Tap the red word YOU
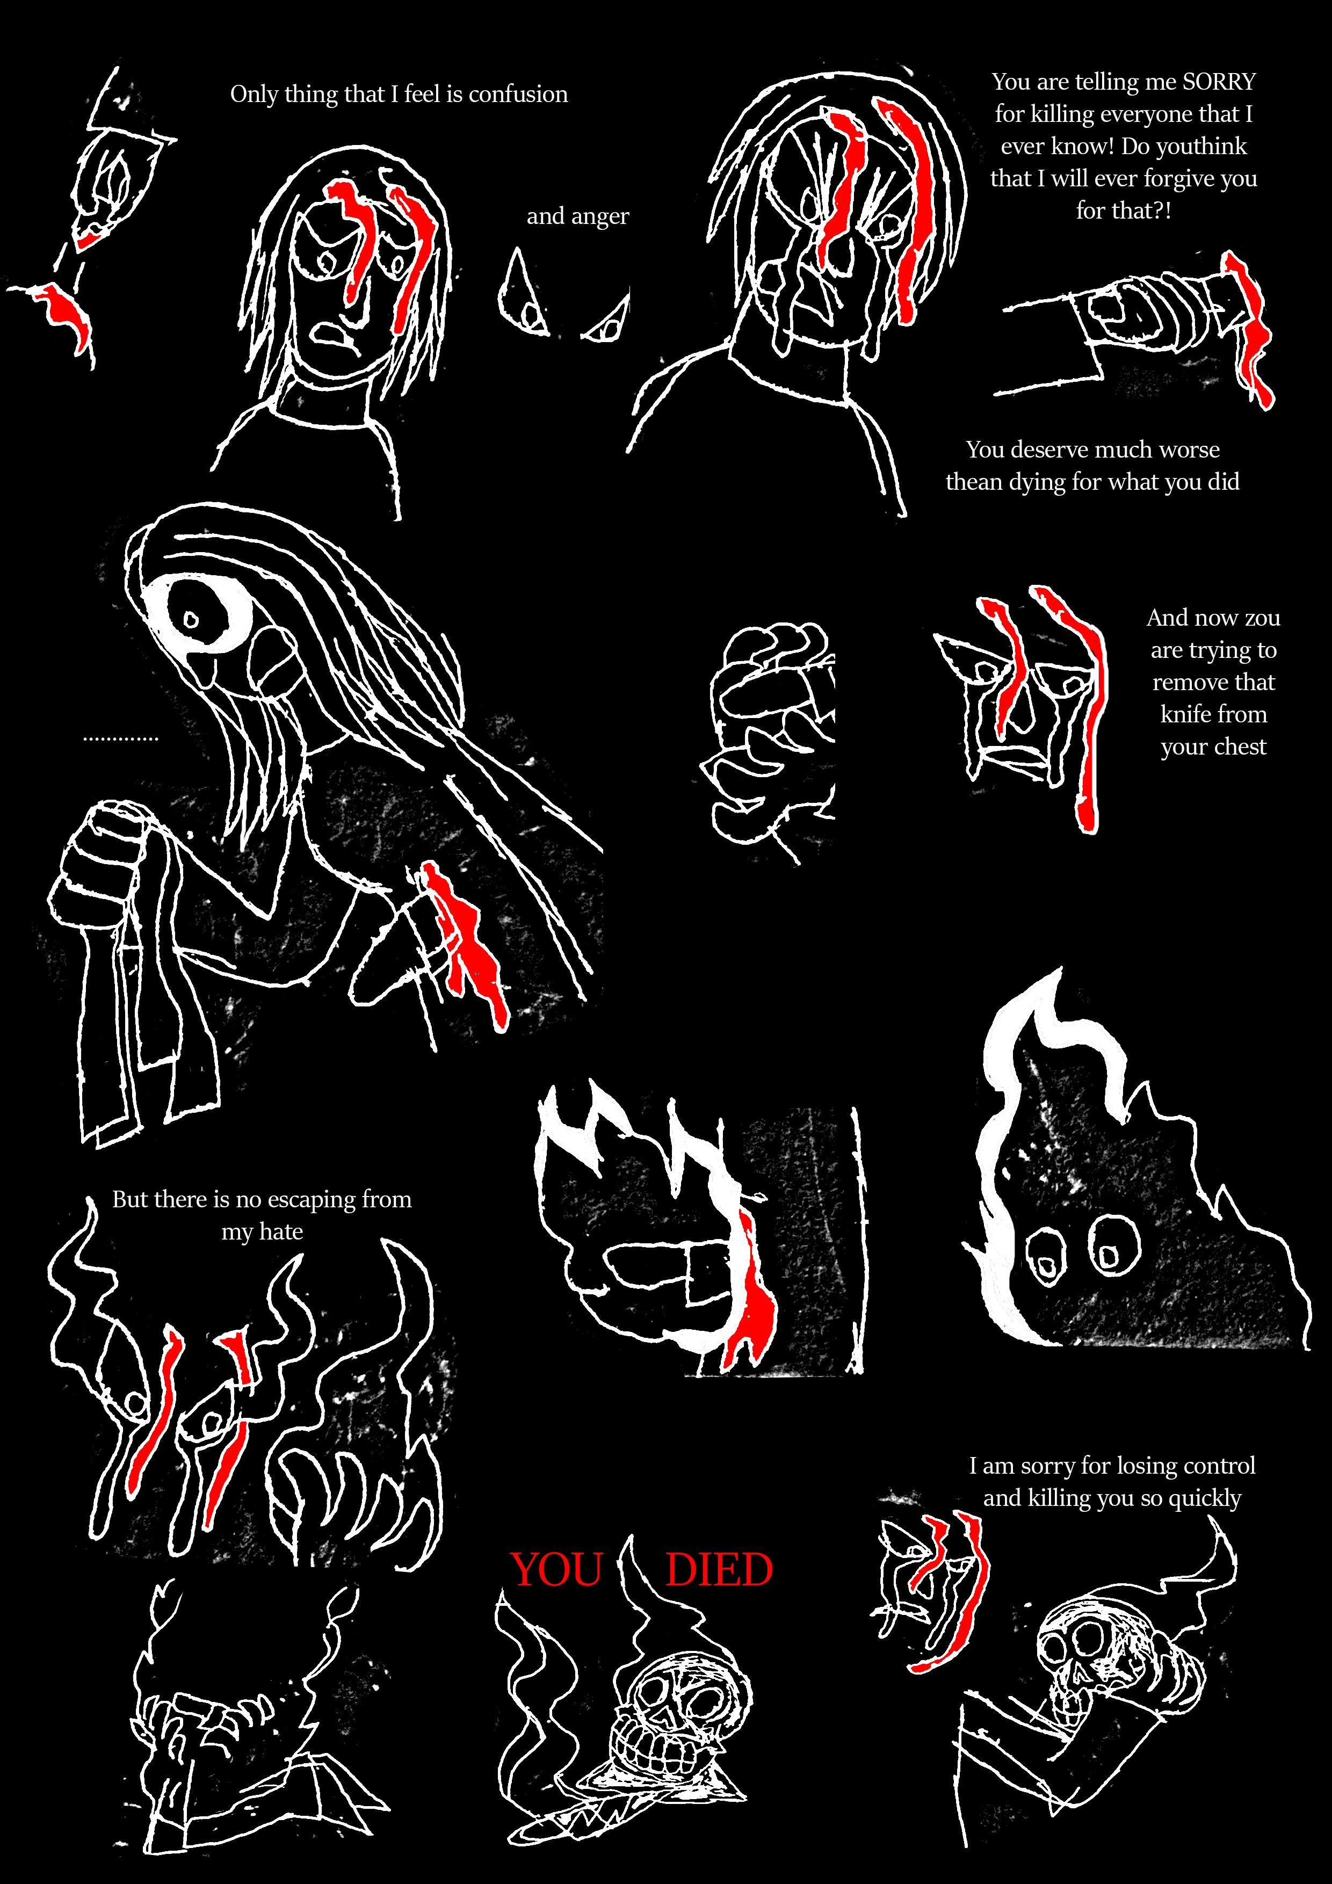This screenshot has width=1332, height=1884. (558, 1570)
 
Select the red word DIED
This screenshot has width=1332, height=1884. (719, 1570)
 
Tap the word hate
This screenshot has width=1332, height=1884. (281, 1231)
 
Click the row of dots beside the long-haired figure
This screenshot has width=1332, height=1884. (121, 740)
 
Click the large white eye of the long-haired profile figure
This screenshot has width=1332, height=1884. (197, 611)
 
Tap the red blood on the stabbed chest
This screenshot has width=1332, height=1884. (466, 944)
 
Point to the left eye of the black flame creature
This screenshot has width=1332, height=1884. (1046, 1256)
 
